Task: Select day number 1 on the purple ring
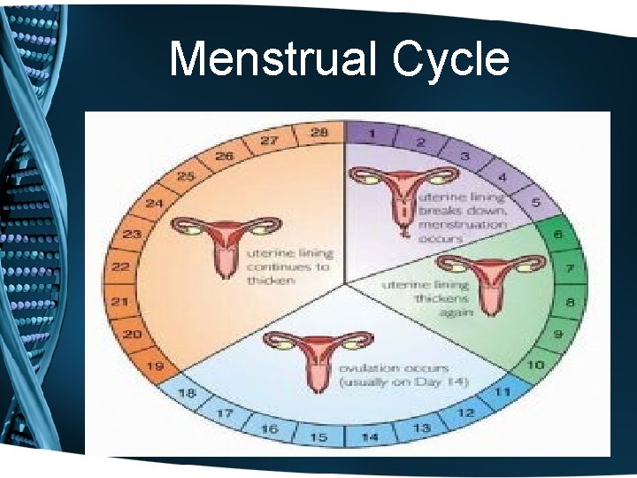[375, 133]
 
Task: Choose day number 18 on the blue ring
[186, 392]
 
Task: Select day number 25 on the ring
[185, 176]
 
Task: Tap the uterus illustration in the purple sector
[403, 194]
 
